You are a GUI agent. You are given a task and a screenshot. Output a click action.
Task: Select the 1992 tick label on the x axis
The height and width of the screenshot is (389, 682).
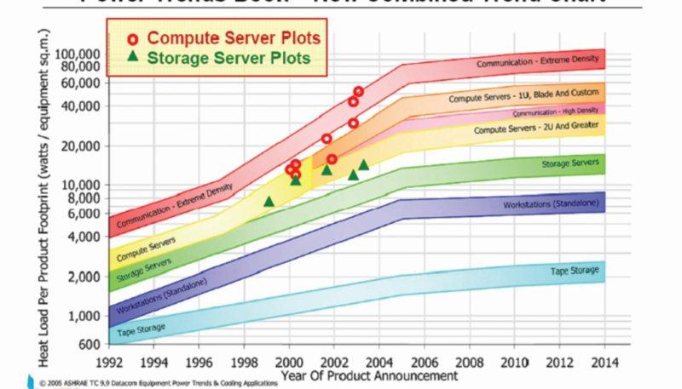(x=109, y=361)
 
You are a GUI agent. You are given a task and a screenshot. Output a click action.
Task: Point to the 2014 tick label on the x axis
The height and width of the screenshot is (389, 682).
(x=604, y=361)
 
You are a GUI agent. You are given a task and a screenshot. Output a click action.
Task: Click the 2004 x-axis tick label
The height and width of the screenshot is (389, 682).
(x=379, y=361)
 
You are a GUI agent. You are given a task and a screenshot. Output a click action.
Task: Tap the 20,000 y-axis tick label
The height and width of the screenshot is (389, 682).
(x=81, y=146)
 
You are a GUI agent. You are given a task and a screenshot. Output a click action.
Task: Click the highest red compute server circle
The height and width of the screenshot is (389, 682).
(x=358, y=91)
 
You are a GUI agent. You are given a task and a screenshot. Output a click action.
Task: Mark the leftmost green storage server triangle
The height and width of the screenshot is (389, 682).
(x=269, y=202)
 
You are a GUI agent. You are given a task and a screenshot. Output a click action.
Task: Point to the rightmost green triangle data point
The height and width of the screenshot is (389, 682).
(x=363, y=165)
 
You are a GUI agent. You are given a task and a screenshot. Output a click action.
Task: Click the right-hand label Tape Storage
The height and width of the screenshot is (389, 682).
(x=575, y=271)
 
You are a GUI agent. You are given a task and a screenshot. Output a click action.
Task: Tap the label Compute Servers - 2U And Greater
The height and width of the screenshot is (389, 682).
(x=536, y=129)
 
